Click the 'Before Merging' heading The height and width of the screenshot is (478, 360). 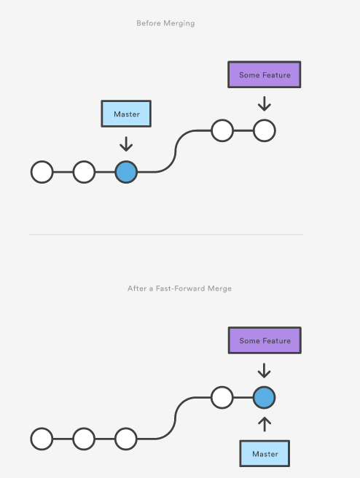point(165,23)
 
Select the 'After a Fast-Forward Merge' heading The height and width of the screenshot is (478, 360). point(179,289)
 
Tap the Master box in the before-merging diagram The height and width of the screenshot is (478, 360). point(126,114)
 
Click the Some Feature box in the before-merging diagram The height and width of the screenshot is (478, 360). point(265,74)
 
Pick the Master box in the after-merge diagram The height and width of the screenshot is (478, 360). point(265,454)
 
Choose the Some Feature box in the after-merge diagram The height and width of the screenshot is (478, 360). point(265,340)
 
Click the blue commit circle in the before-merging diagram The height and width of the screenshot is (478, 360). point(126,172)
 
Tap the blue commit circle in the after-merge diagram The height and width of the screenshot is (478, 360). point(265,398)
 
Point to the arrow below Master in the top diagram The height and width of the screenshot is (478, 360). point(126,144)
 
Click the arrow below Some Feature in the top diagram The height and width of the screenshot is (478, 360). point(265,103)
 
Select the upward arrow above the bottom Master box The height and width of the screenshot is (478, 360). point(265,424)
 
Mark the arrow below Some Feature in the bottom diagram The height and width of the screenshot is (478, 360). point(265,370)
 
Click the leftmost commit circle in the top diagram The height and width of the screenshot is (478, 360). point(42,172)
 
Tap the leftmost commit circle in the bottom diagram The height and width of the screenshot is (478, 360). point(42,439)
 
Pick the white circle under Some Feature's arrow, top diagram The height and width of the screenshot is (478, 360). point(265,130)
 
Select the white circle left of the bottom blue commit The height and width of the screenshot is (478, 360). point(222,397)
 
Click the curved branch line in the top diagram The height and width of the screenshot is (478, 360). point(176,152)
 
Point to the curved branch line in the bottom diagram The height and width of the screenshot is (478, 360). point(176,418)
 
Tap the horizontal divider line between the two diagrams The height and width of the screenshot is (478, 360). point(165,235)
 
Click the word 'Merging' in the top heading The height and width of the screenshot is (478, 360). point(179,23)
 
